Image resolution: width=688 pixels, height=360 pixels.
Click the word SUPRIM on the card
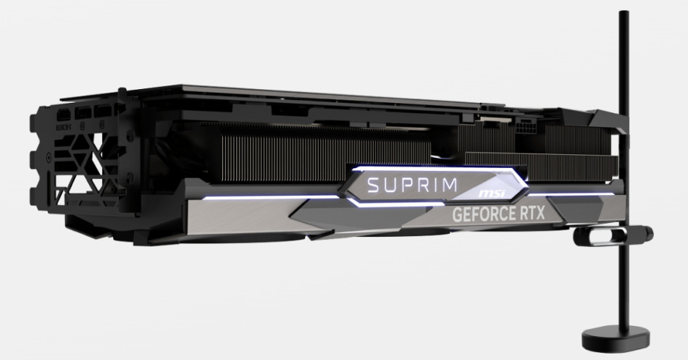click(412, 185)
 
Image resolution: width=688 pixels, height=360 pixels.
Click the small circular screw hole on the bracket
click(48, 156)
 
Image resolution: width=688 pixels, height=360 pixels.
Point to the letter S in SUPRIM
click(372, 185)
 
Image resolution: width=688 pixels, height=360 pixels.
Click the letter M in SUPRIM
click(450, 185)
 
